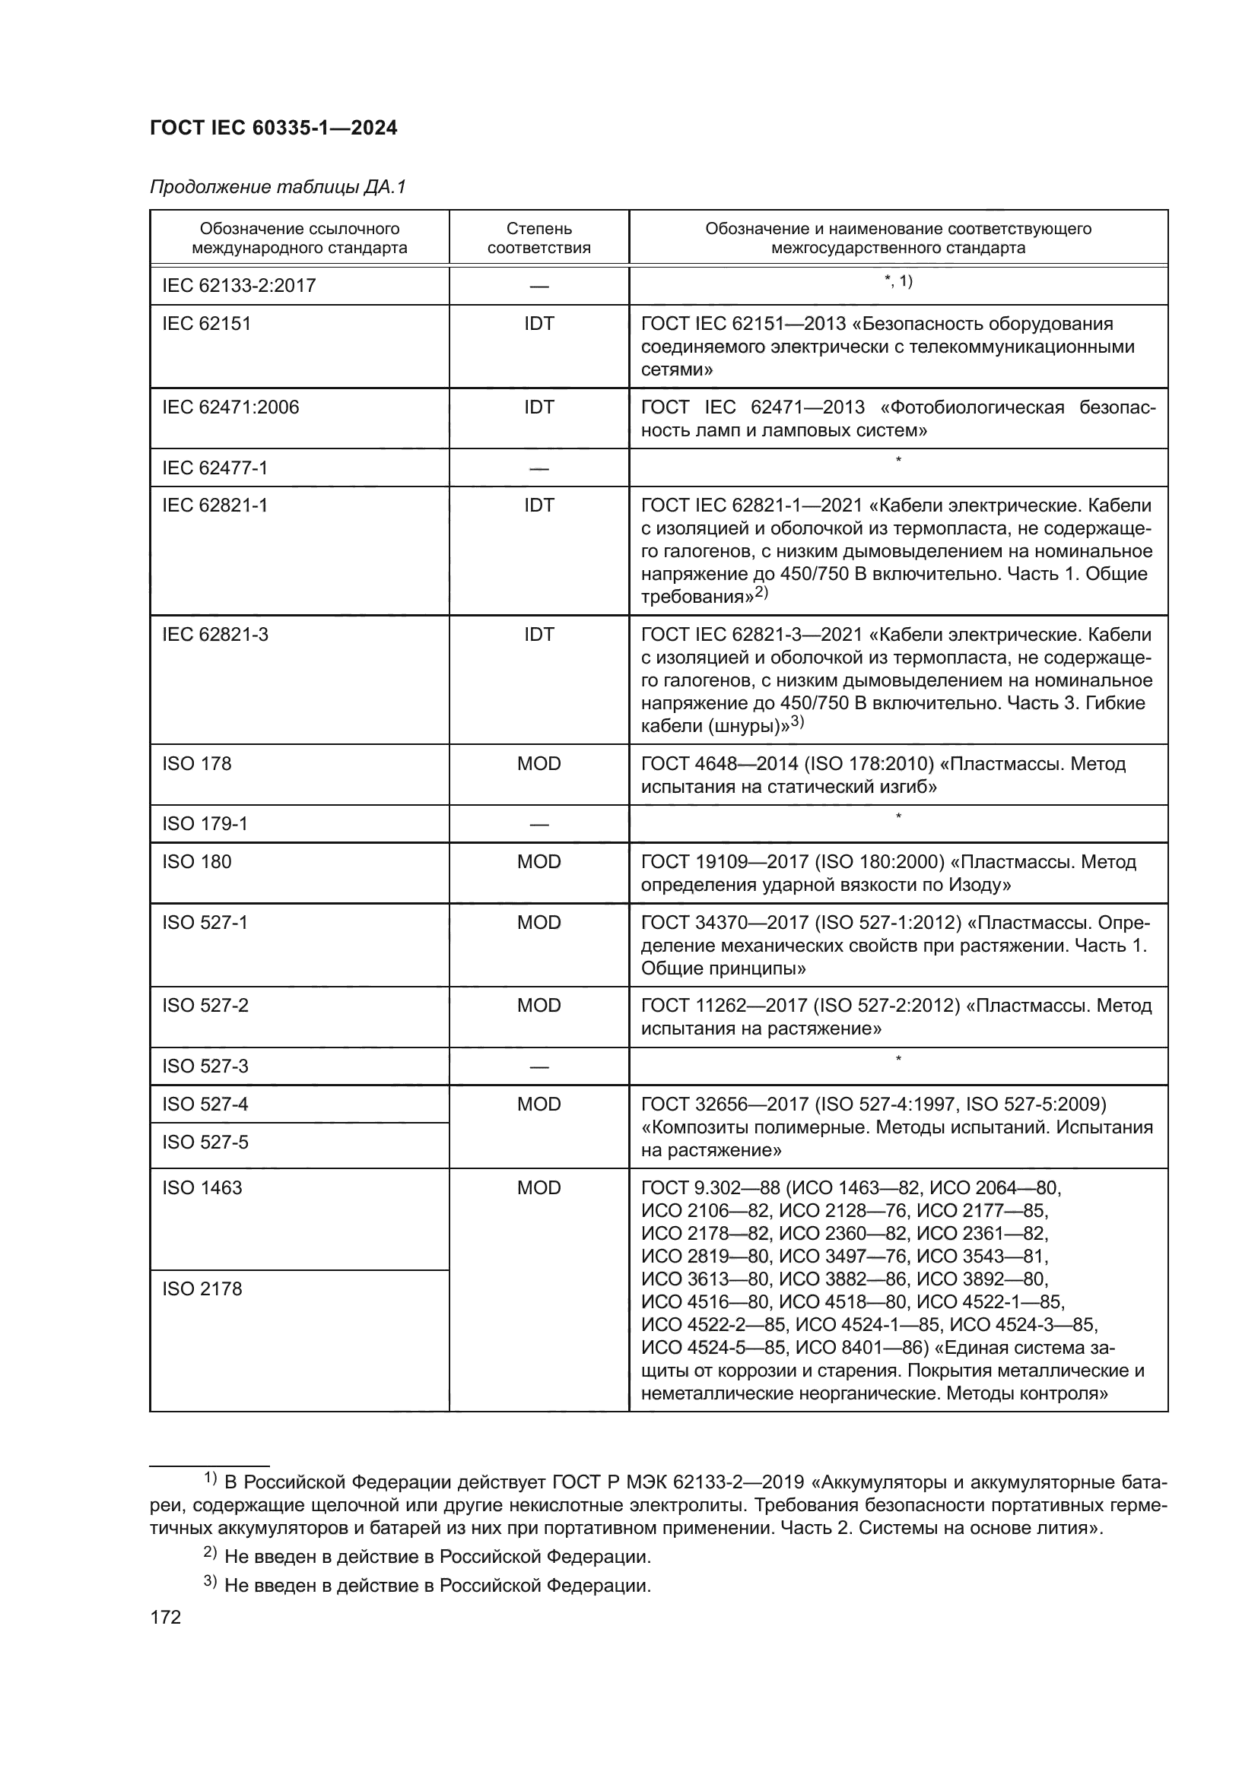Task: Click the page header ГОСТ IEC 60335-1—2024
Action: (274, 128)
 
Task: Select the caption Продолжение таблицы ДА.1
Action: (278, 188)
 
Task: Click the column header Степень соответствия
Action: (538, 238)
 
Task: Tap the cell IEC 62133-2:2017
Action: (239, 286)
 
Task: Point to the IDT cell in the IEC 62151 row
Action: (538, 324)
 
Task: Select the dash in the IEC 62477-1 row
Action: (538, 468)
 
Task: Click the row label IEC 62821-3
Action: (214, 634)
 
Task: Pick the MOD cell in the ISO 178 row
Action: (538, 763)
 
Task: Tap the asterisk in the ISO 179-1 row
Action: (897, 816)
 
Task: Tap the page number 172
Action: (165, 1617)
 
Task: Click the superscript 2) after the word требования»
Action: (761, 592)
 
